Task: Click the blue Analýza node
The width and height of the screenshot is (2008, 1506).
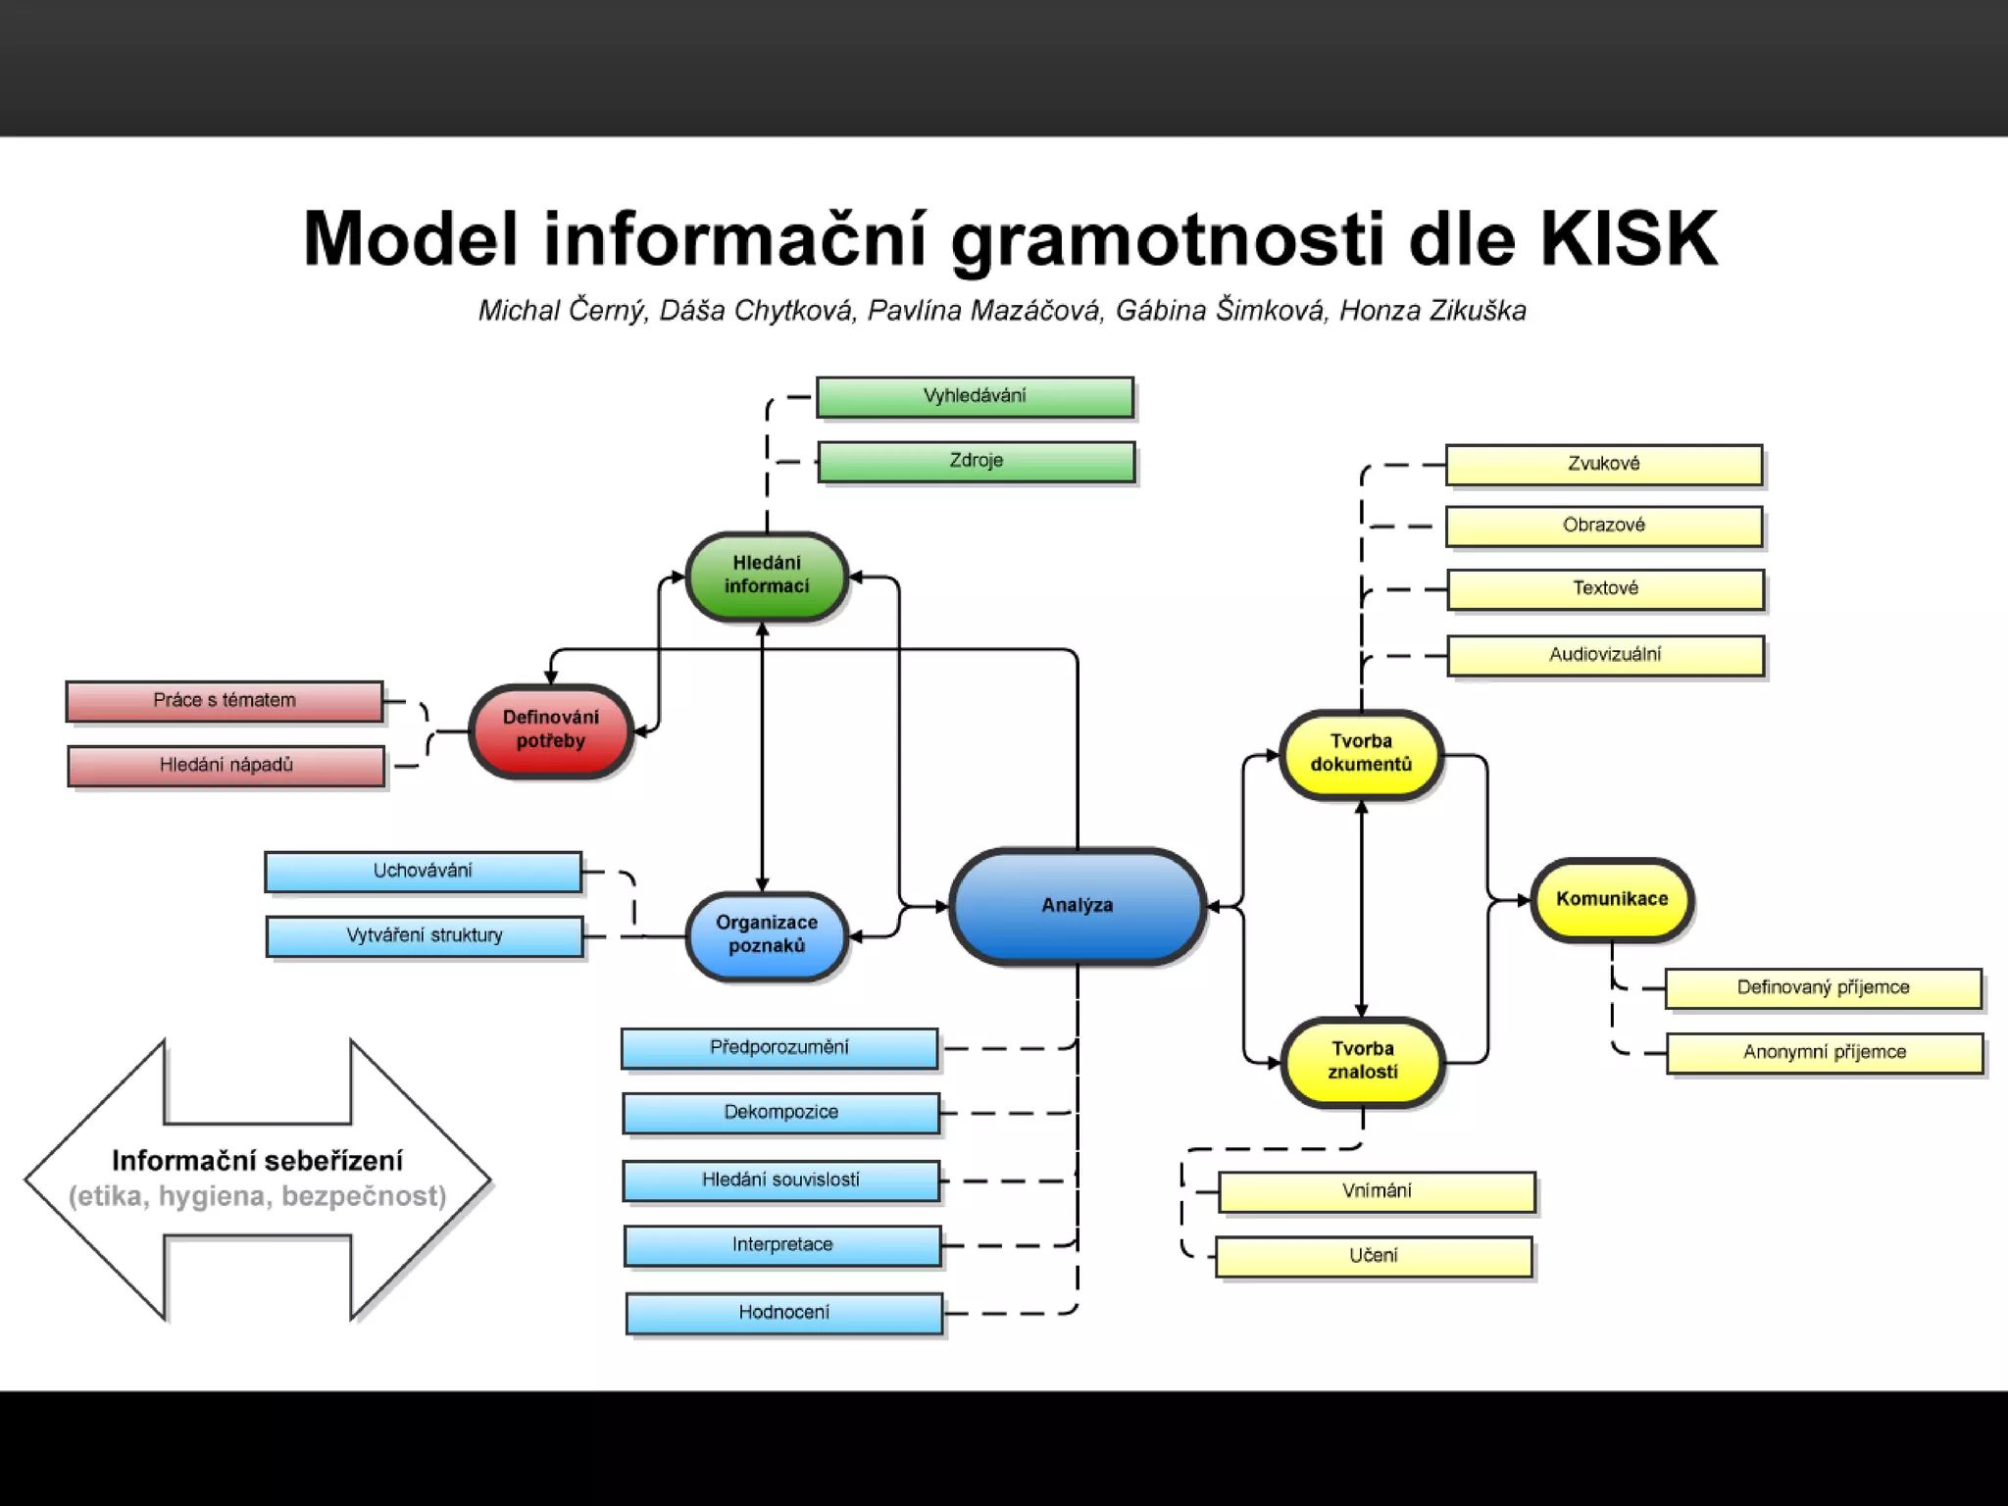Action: pyautogui.click(x=1078, y=905)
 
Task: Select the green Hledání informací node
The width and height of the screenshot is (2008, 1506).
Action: pyautogui.click(x=767, y=576)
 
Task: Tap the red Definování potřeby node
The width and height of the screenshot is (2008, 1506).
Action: pyautogui.click(x=550, y=729)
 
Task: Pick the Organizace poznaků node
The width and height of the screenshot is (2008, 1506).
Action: pyautogui.click(x=767, y=934)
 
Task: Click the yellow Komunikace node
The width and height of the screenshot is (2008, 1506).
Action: pyautogui.click(x=1612, y=899)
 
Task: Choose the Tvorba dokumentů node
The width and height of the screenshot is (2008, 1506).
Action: pyautogui.click(x=1361, y=754)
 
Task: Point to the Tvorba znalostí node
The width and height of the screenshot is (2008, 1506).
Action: pyautogui.click(x=1362, y=1061)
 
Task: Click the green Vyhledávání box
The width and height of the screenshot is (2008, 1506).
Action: pyautogui.click(x=975, y=397)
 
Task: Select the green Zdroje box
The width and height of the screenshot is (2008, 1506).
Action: pyautogui.click(x=977, y=462)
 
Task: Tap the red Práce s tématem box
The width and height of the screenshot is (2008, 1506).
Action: pyautogui.click(x=225, y=701)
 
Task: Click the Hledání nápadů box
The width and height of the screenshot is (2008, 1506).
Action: pyautogui.click(x=226, y=766)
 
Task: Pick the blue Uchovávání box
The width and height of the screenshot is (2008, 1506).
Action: pyautogui.click(x=423, y=872)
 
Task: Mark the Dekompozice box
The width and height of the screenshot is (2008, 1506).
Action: pyautogui.click(x=781, y=1113)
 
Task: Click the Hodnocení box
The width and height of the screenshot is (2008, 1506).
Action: pyautogui.click(x=784, y=1313)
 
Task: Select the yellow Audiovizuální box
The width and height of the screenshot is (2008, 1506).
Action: pyautogui.click(x=1605, y=655)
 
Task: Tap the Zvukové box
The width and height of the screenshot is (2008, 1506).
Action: pyautogui.click(x=1604, y=465)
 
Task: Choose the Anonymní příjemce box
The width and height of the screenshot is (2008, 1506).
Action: pyautogui.click(x=1825, y=1053)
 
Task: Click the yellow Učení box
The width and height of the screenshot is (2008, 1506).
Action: pyautogui.click(x=1374, y=1256)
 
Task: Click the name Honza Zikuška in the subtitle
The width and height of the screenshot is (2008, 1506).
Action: pyautogui.click(x=1432, y=311)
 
